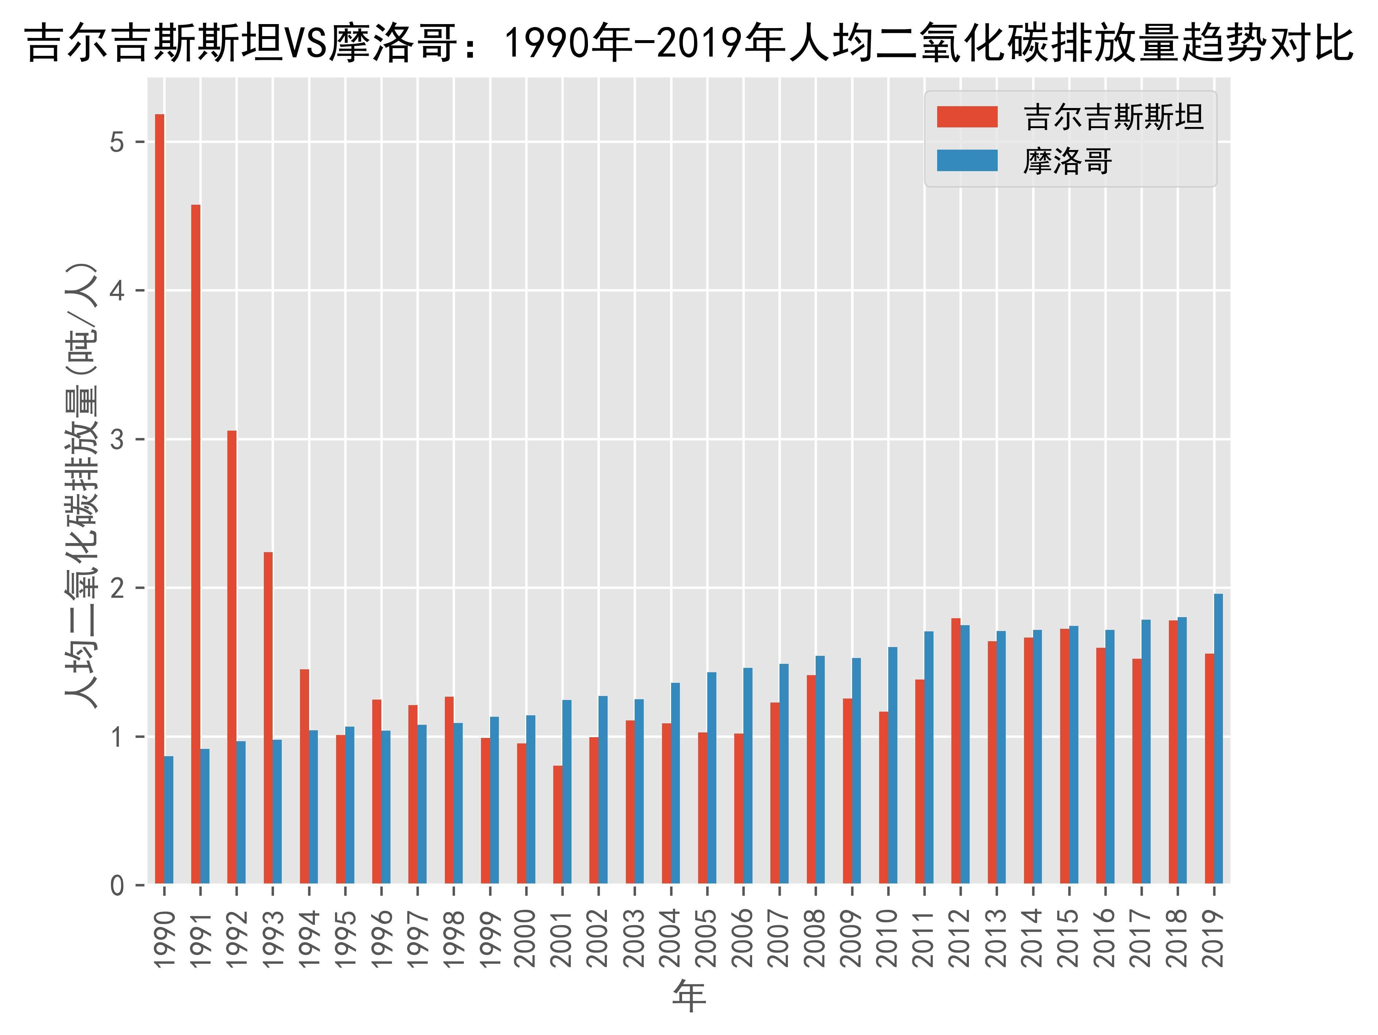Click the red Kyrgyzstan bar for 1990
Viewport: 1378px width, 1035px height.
click(159, 499)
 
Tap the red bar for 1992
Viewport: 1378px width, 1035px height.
click(232, 657)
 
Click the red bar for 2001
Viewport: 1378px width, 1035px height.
click(558, 824)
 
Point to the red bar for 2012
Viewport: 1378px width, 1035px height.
click(956, 750)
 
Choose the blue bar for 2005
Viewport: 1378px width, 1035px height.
click(711, 778)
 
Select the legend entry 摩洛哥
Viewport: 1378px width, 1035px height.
click(1067, 161)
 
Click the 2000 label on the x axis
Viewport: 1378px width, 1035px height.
click(526, 938)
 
